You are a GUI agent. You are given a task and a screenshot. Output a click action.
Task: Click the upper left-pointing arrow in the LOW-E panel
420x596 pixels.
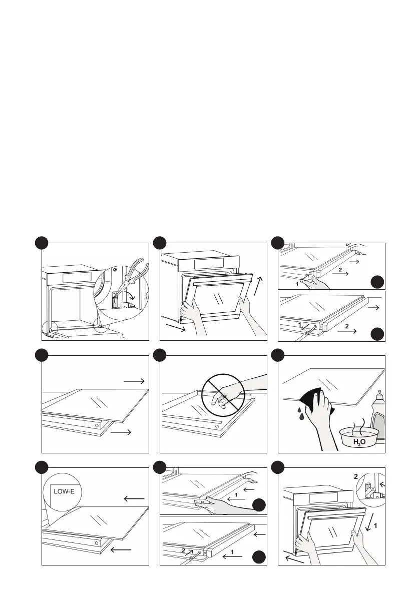coord(134,499)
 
